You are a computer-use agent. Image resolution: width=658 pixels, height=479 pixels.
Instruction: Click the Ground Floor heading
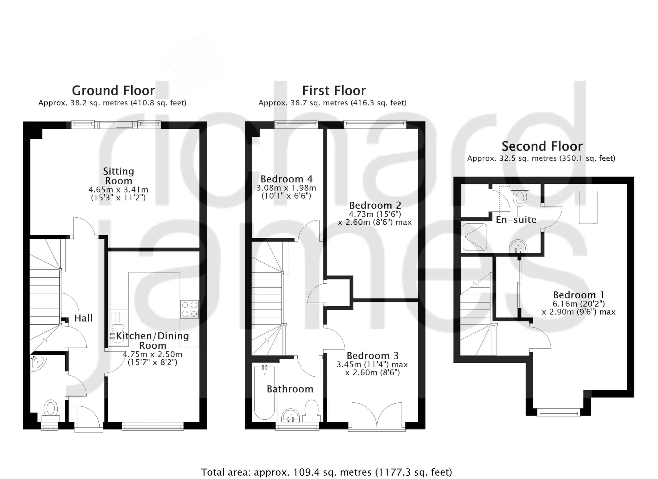[113, 91]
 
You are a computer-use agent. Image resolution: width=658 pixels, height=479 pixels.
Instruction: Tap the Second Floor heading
[542, 146]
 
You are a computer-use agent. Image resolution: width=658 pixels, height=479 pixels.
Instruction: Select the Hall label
[84, 318]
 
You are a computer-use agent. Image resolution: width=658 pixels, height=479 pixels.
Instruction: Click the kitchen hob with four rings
[189, 309]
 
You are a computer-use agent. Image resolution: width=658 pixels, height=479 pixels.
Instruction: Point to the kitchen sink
[118, 327]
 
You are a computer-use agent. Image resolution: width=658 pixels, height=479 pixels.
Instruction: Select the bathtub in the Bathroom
[264, 393]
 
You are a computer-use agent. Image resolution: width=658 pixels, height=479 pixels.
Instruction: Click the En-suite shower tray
[475, 237]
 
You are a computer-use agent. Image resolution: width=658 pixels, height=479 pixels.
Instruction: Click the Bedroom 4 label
[282, 179]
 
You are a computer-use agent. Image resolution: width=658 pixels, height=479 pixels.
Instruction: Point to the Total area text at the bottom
[326, 472]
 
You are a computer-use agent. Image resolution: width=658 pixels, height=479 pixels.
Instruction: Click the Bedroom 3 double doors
[377, 416]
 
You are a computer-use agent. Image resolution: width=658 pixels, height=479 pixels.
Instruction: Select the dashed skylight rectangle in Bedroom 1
[588, 207]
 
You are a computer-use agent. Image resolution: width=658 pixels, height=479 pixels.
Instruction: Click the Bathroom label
[290, 389]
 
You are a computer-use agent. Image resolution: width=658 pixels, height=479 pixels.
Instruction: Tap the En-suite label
[516, 219]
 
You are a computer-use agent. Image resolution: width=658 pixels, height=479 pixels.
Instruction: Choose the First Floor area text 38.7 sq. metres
[333, 103]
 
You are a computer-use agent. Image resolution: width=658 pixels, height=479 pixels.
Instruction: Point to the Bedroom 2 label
[375, 205]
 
